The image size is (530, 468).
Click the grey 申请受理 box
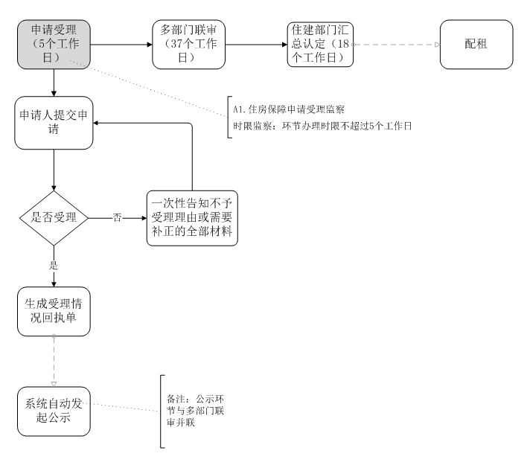point(54,45)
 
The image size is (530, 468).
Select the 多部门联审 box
point(188,45)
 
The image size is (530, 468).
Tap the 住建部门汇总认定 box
point(319,45)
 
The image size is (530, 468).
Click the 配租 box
point(476,45)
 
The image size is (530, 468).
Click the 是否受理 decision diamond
point(54,219)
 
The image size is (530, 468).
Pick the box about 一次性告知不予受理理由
point(192,219)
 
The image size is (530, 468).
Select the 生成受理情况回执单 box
point(54,312)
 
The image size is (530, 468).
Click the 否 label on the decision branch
point(117,219)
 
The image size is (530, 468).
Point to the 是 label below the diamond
point(54,264)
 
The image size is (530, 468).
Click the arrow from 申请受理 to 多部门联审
point(121,45)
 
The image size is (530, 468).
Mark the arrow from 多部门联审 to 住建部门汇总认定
point(255,45)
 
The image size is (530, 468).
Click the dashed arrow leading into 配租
point(395,45)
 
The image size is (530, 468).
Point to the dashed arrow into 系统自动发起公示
point(54,360)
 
